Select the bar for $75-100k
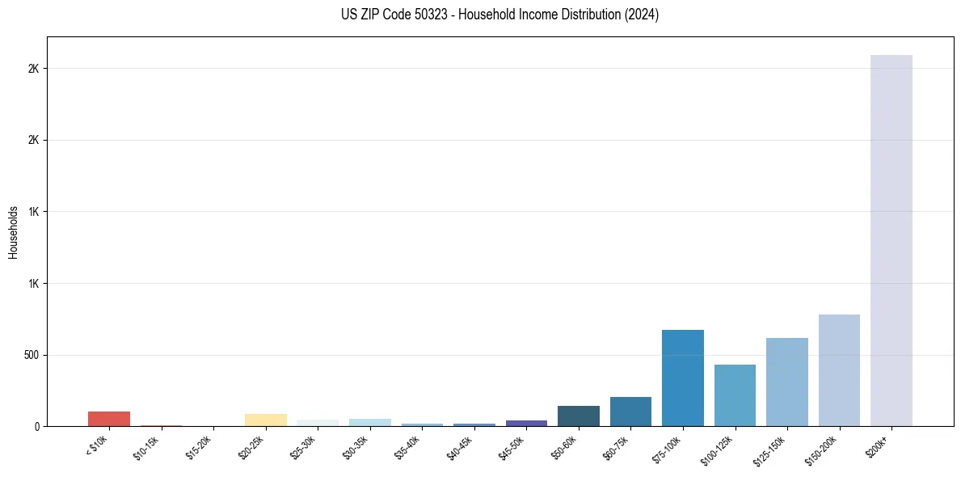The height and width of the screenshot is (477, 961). [682, 378]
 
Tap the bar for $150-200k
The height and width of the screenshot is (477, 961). [839, 370]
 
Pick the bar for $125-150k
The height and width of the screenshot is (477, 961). [786, 382]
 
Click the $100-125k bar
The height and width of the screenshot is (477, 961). [735, 395]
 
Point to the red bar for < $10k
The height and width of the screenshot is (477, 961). [109, 419]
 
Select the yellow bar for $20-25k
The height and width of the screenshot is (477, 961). [265, 420]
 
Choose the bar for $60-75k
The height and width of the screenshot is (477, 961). [630, 412]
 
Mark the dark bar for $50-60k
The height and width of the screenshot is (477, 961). [578, 416]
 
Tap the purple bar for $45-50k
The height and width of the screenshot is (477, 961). [526, 423]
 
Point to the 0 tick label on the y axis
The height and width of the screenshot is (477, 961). [36, 426]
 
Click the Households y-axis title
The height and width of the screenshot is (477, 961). [13, 232]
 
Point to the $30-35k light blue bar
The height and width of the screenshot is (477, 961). [369, 422]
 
